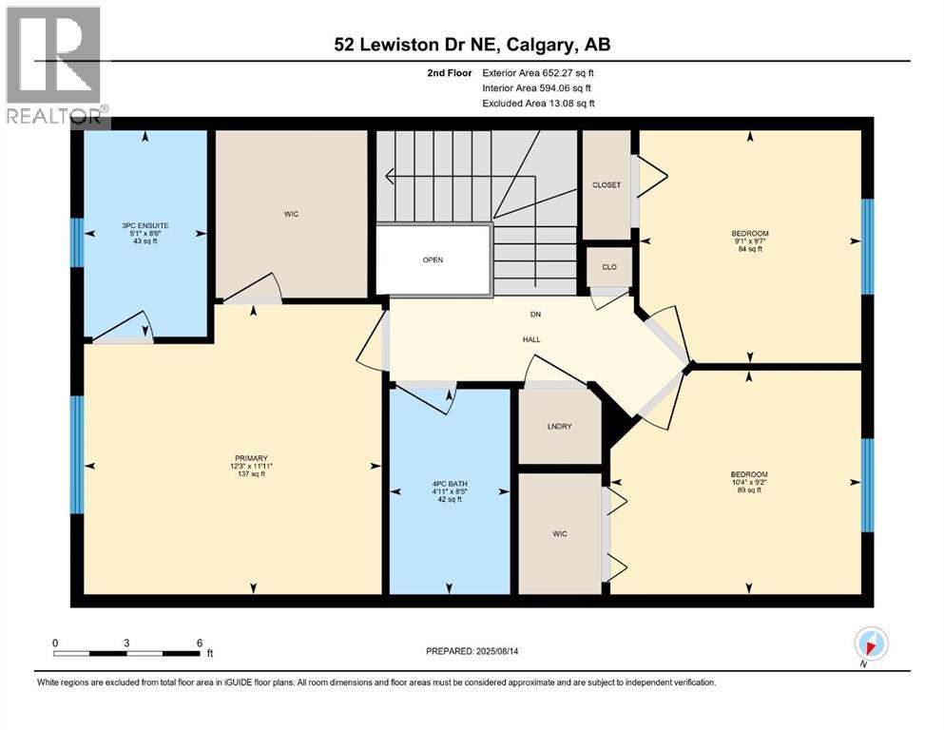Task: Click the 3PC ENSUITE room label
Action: click(x=145, y=225)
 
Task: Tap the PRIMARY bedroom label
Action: click(x=251, y=458)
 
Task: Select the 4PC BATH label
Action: click(x=450, y=484)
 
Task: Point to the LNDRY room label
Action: click(x=559, y=427)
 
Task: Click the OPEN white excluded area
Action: click(x=433, y=260)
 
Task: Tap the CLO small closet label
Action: click(x=609, y=267)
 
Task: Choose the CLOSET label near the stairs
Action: click(x=607, y=185)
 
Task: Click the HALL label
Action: click(x=531, y=339)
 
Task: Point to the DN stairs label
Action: click(x=535, y=314)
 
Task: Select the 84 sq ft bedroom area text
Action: click(x=750, y=248)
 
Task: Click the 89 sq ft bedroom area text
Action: click(x=749, y=490)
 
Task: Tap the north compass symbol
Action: click(x=871, y=644)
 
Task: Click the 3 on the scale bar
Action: click(x=126, y=643)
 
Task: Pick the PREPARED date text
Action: click(x=472, y=651)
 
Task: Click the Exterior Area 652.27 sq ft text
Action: click(x=538, y=73)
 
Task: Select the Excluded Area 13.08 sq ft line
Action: click(x=538, y=104)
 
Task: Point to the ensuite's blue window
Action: click(x=76, y=242)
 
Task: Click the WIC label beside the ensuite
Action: click(x=292, y=214)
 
